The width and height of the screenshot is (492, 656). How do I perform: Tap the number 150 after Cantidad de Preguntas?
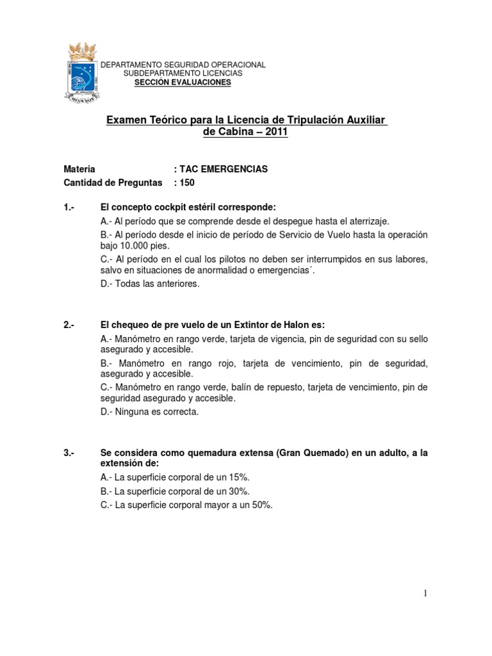pos(187,183)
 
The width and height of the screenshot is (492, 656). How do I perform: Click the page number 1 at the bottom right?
pos(425,593)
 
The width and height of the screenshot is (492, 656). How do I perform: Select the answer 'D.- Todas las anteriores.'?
pos(151,284)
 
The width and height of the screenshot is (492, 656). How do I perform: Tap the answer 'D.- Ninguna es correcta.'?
pos(150,412)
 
